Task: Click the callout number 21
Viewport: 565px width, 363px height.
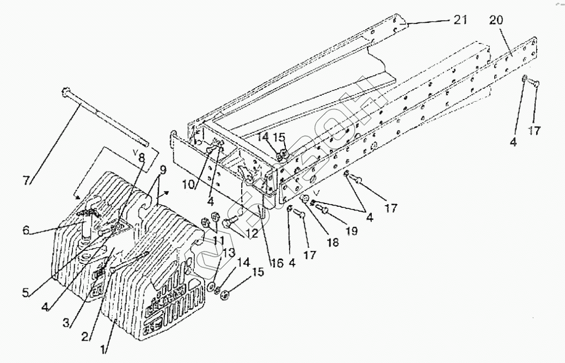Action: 461,20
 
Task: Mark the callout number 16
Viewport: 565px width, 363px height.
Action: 277,263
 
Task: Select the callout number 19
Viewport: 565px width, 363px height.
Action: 352,231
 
